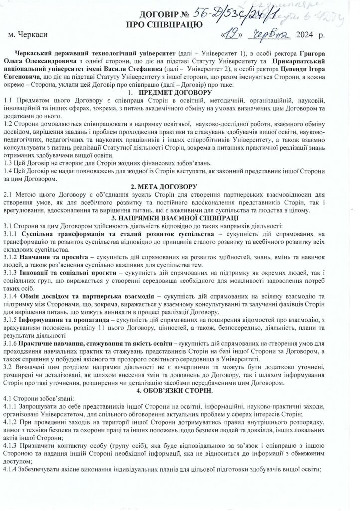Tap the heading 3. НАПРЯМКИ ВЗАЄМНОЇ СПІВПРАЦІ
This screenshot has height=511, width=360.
click(x=180, y=218)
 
